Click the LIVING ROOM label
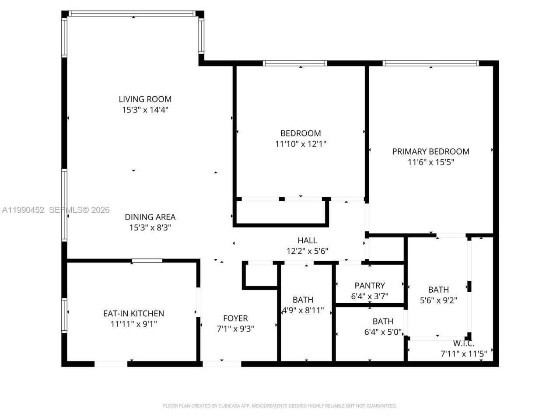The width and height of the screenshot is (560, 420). pyautogui.click(x=145, y=99)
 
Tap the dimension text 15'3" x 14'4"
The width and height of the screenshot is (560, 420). pyautogui.click(x=145, y=110)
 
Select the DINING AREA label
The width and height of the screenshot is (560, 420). pyautogui.click(x=150, y=217)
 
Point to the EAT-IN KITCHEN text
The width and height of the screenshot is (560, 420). pyautogui.click(x=133, y=313)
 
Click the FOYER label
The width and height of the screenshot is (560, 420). pyautogui.click(x=235, y=318)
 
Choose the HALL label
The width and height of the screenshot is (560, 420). pyautogui.click(x=307, y=240)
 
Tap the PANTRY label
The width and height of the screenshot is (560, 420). pyautogui.click(x=370, y=286)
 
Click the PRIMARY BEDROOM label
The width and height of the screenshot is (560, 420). pyautogui.click(x=430, y=151)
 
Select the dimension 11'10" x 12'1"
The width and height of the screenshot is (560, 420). pyautogui.click(x=301, y=144)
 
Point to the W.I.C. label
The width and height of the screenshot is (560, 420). pyautogui.click(x=463, y=343)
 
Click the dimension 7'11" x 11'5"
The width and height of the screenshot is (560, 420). pyautogui.click(x=463, y=354)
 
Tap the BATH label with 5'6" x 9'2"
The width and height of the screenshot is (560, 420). pyautogui.click(x=438, y=290)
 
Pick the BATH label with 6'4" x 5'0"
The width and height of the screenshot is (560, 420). pyautogui.click(x=383, y=321)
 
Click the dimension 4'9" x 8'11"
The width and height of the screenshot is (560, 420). pyautogui.click(x=302, y=311)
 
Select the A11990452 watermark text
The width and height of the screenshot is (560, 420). pyautogui.click(x=23, y=210)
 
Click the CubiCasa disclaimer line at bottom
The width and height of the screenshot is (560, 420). pyautogui.click(x=280, y=406)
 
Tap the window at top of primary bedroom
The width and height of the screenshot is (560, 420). pyautogui.click(x=430, y=63)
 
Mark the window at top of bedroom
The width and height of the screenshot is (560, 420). pyautogui.click(x=295, y=63)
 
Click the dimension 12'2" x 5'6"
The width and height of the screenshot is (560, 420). pyautogui.click(x=307, y=251)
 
